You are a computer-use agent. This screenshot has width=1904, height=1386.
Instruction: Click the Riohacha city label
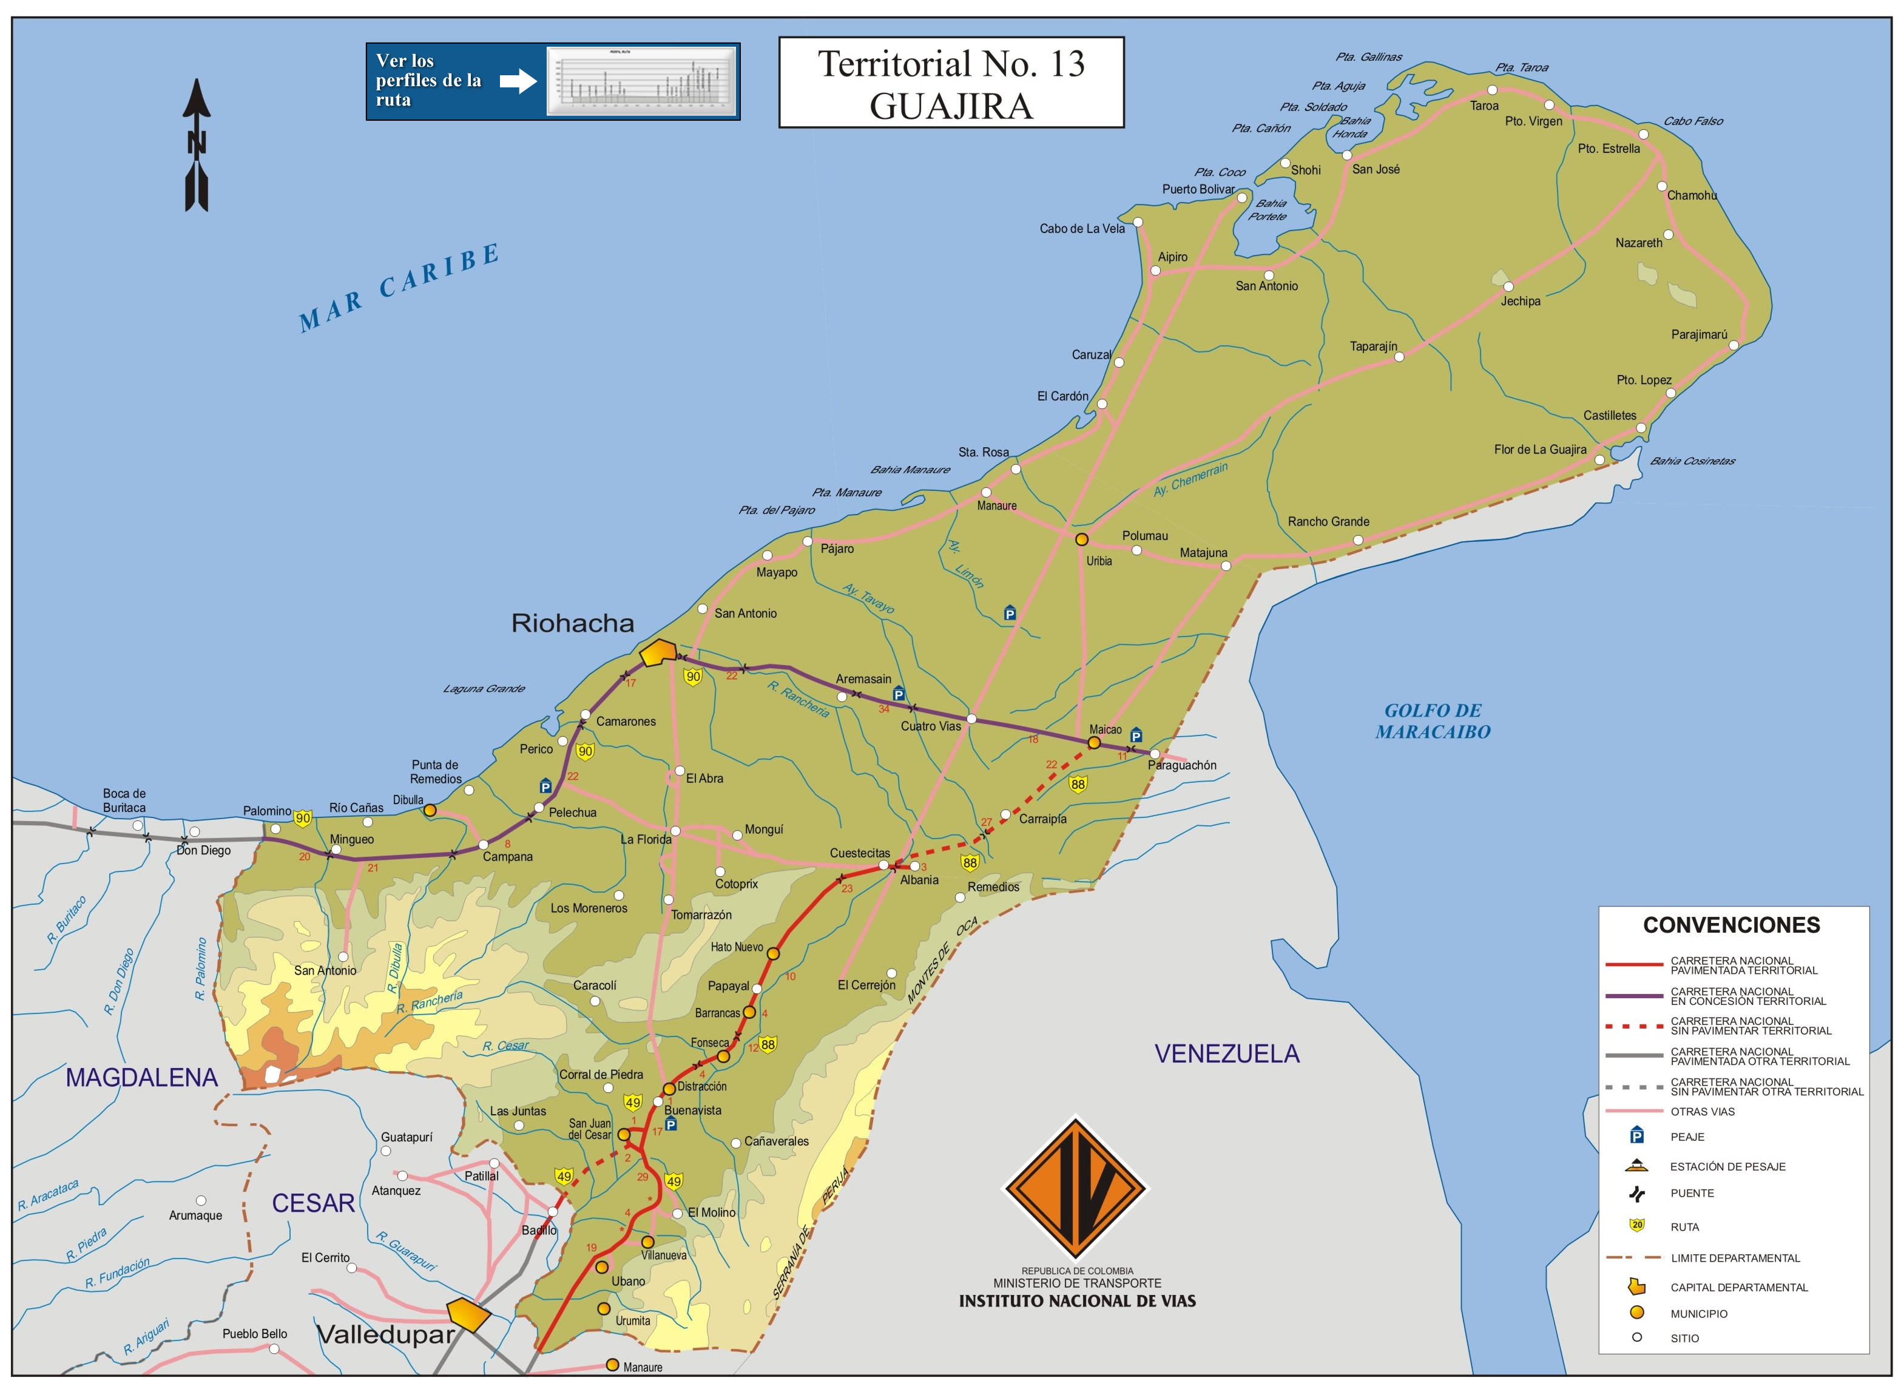click(x=573, y=623)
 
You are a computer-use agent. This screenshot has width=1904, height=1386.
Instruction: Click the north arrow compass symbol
click(x=197, y=144)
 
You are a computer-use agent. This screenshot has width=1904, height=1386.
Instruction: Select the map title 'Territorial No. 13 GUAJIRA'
click(x=951, y=83)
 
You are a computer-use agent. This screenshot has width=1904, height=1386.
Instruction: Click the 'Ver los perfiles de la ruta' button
click(x=552, y=81)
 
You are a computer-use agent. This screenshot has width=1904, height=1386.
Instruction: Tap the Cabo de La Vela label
click(x=1081, y=228)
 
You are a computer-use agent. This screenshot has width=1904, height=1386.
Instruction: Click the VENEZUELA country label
click(x=1226, y=1053)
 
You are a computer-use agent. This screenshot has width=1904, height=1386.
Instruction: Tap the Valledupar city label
click(x=385, y=1334)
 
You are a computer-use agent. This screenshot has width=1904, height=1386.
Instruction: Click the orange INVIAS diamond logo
click(x=1075, y=1187)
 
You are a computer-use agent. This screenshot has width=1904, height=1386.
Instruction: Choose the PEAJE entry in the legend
click(x=1687, y=1137)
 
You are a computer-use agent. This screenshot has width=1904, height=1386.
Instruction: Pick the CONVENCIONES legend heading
click(x=1731, y=925)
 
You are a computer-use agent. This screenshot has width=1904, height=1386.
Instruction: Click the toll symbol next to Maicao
click(x=1136, y=735)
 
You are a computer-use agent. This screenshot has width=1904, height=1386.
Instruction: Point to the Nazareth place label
click(x=1638, y=243)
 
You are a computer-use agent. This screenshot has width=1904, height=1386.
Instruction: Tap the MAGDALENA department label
click(x=141, y=1077)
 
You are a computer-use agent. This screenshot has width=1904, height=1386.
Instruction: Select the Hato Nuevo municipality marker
click(x=773, y=954)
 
